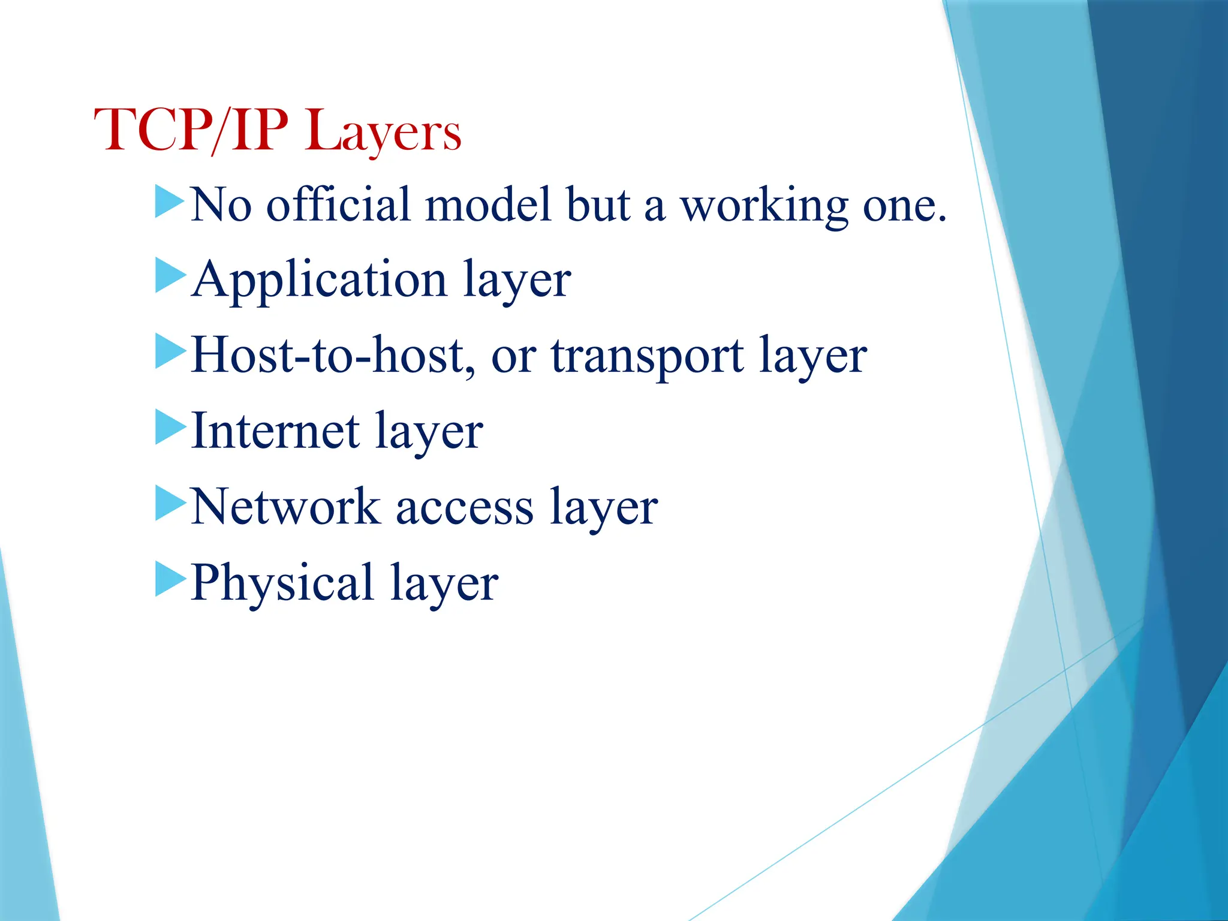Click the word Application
coord(319,281)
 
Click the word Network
coord(285,507)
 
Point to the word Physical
coord(283,583)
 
